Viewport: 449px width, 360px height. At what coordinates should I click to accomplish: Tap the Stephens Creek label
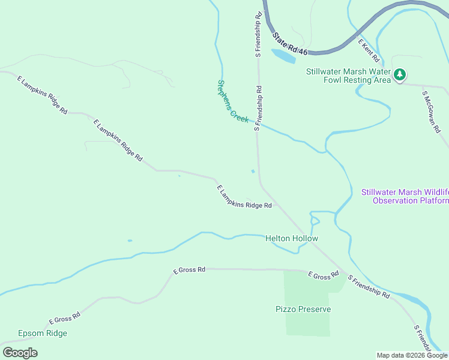coord(233,101)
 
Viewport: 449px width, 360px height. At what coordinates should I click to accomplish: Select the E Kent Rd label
coord(369,52)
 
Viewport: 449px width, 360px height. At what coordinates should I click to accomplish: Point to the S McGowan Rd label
coord(432,112)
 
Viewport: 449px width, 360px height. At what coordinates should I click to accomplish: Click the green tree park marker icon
coord(400,75)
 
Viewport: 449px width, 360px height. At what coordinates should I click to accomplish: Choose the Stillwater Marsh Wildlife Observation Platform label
coord(405,196)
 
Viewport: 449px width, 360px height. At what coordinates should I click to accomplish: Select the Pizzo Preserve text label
coord(303,309)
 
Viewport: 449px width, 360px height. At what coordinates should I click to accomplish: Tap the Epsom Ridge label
coord(43,333)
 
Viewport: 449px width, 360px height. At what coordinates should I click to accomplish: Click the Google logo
coord(20,353)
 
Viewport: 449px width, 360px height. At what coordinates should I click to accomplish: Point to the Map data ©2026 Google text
coord(411,355)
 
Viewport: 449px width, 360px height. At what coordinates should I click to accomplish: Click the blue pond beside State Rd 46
coord(283,56)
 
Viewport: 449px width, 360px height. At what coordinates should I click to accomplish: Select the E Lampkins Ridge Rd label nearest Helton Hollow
coord(244,197)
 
